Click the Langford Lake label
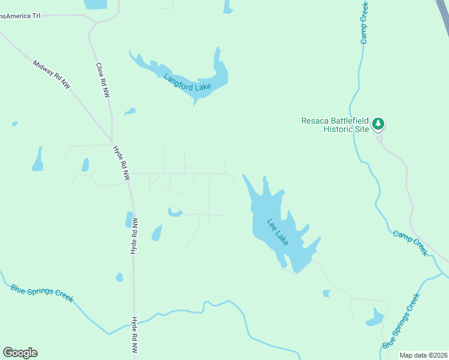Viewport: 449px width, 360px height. click(188, 83)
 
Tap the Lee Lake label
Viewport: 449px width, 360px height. click(277, 231)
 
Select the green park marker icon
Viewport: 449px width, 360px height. click(378, 124)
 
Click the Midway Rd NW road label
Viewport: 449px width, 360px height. click(52, 75)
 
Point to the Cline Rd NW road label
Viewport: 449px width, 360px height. click(103, 80)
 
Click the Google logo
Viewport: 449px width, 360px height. click(20, 353)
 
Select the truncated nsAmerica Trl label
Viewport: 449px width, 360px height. click(20, 16)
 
